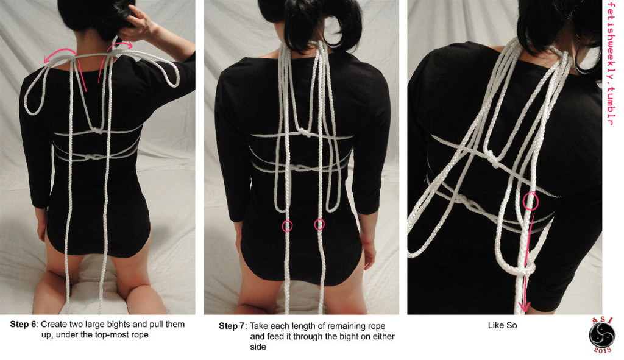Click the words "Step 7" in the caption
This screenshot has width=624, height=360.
point(232,326)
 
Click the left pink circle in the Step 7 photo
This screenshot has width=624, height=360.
point(287,226)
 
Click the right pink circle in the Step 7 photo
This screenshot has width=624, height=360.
point(319,225)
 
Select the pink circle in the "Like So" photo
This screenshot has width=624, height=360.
point(531,200)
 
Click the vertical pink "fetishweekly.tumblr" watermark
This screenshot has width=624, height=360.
point(611,64)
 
